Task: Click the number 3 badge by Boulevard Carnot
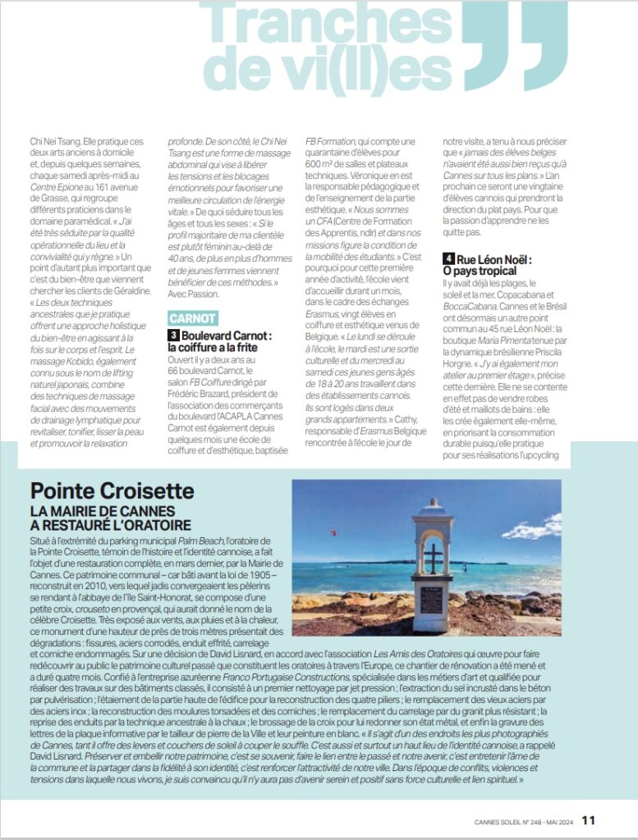[173, 336]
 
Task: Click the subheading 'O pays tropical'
[480, 271]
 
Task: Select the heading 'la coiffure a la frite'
[214, 347]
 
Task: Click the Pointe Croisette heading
[112, 491]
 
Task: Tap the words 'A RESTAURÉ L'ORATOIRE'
[111, 525]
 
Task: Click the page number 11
[589, 819]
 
